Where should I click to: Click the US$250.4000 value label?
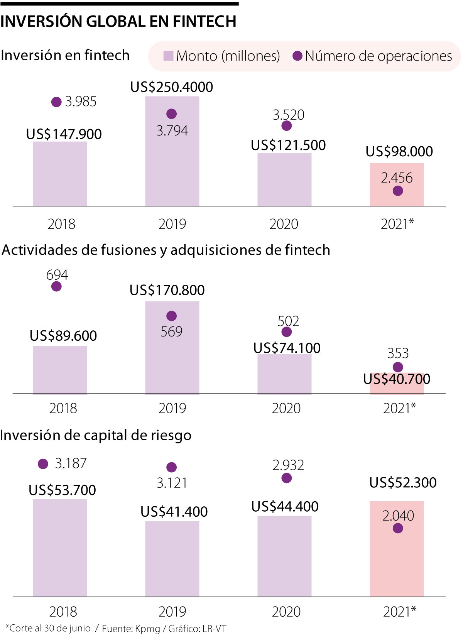tap(171, 87)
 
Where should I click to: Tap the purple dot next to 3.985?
tap(56, 102)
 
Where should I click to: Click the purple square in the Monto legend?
tap(168, 56)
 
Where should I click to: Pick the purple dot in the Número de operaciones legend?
tap(297, 56)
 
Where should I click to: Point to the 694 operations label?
tap(57, 275)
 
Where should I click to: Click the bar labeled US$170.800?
tap(172, 347)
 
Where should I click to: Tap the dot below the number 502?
tap(286, 332)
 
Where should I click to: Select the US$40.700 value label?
tap(397, 379)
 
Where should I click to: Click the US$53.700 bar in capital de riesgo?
tap(60, 548)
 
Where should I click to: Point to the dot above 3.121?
tap(171, 467)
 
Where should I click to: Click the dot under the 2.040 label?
tap(398, 528)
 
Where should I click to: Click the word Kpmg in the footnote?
tap(147, 629)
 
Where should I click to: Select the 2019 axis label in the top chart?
tap(172, 224)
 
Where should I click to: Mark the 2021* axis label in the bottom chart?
tap(399, 612)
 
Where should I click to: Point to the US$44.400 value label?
tap(285, 507)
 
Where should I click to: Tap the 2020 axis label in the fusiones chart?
tap(286, 408)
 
